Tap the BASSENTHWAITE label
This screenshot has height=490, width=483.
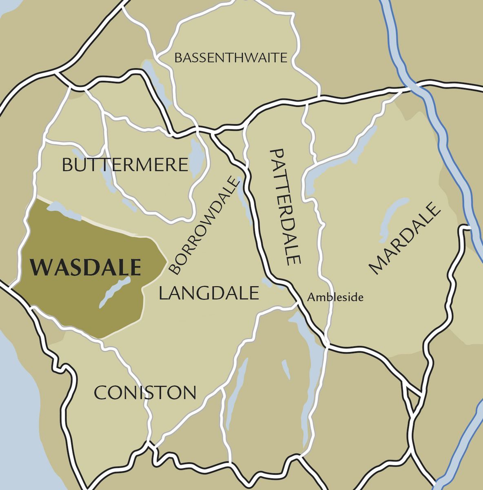(230, 58)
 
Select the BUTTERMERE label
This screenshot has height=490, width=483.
(125, 165)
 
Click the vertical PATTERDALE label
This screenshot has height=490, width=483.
(285, 207)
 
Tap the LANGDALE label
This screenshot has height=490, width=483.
(208, 294)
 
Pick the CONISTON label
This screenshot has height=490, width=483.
(145, 393)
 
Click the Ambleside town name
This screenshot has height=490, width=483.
(335, 297)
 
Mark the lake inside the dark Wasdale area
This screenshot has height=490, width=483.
(115, 292)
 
